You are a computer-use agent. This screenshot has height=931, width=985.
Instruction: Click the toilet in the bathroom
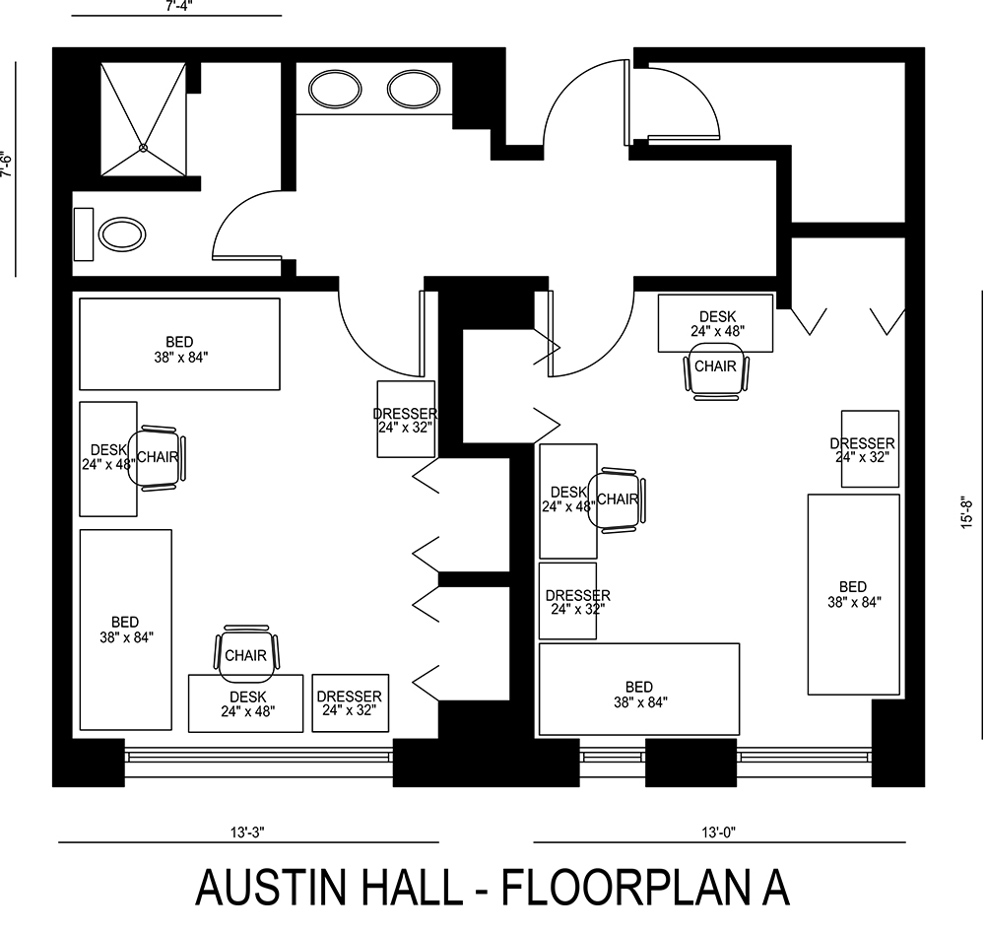click(122, 234)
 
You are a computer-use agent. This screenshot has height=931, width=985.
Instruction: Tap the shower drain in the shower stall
click(143, 148)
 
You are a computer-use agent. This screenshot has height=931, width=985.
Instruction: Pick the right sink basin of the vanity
click(412, 90)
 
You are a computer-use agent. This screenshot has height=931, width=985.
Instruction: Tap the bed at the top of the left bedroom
click(179, 344)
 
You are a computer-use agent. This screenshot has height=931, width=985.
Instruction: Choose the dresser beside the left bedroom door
click(406, 420)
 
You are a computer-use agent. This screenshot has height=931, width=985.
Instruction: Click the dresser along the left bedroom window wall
click(351, 702)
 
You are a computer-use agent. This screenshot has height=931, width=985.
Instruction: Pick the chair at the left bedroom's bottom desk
click(246, 654)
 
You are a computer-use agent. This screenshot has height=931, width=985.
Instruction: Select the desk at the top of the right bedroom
click(715, 322)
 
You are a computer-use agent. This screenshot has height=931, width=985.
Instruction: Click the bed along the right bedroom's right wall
click(853, 594)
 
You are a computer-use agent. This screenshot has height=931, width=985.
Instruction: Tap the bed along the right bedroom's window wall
click(638, 690)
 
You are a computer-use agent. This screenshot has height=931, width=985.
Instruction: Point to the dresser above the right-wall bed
click(869, 448)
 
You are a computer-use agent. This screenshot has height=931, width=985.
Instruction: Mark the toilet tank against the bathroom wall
click(83, 234)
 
